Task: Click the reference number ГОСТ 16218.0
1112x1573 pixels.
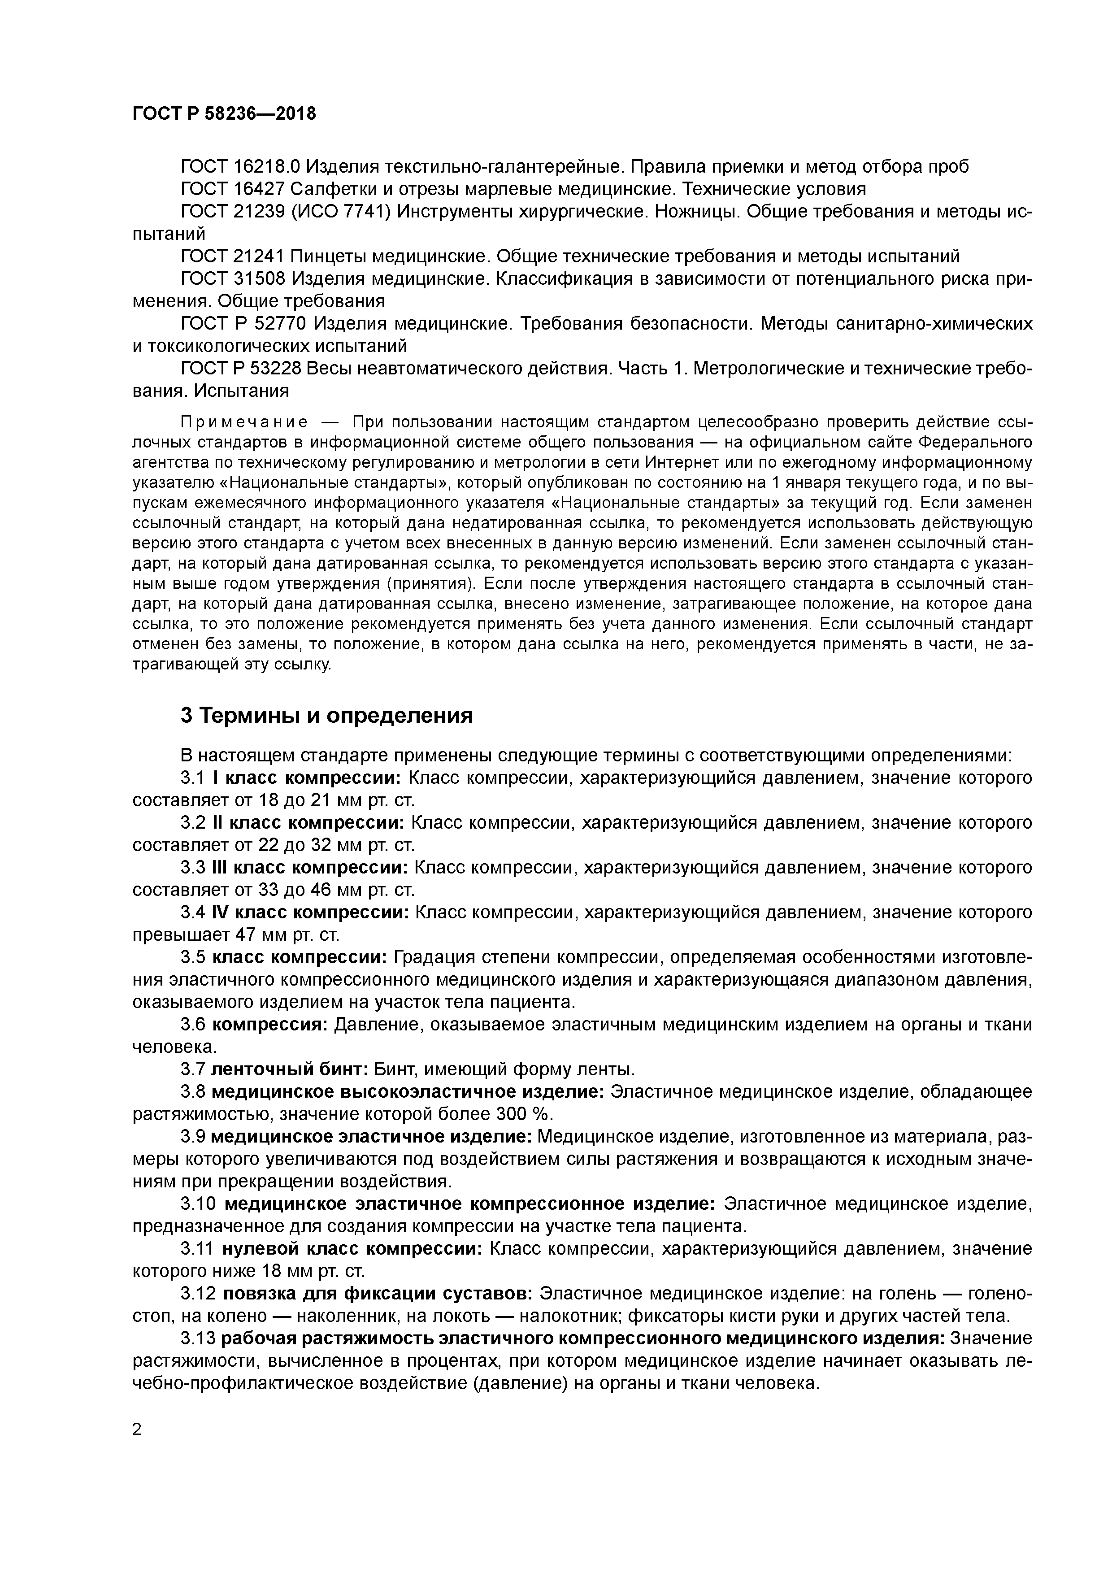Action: pos(240,166)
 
